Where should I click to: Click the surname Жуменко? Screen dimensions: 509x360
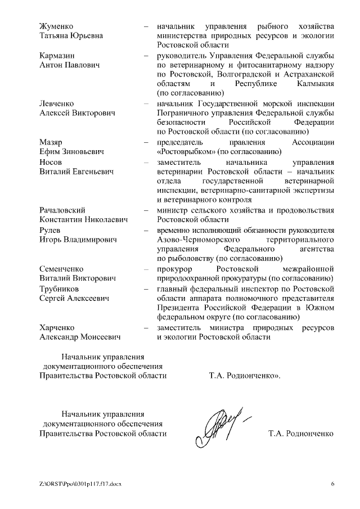(57, 26)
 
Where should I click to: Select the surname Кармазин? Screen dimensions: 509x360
(57, 56)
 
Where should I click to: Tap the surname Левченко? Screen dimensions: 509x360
(57, 103)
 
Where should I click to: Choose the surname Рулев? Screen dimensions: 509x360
(51, 230)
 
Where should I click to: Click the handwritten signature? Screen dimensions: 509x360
(220, 424)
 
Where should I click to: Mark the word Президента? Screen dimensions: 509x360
(182, 308)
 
